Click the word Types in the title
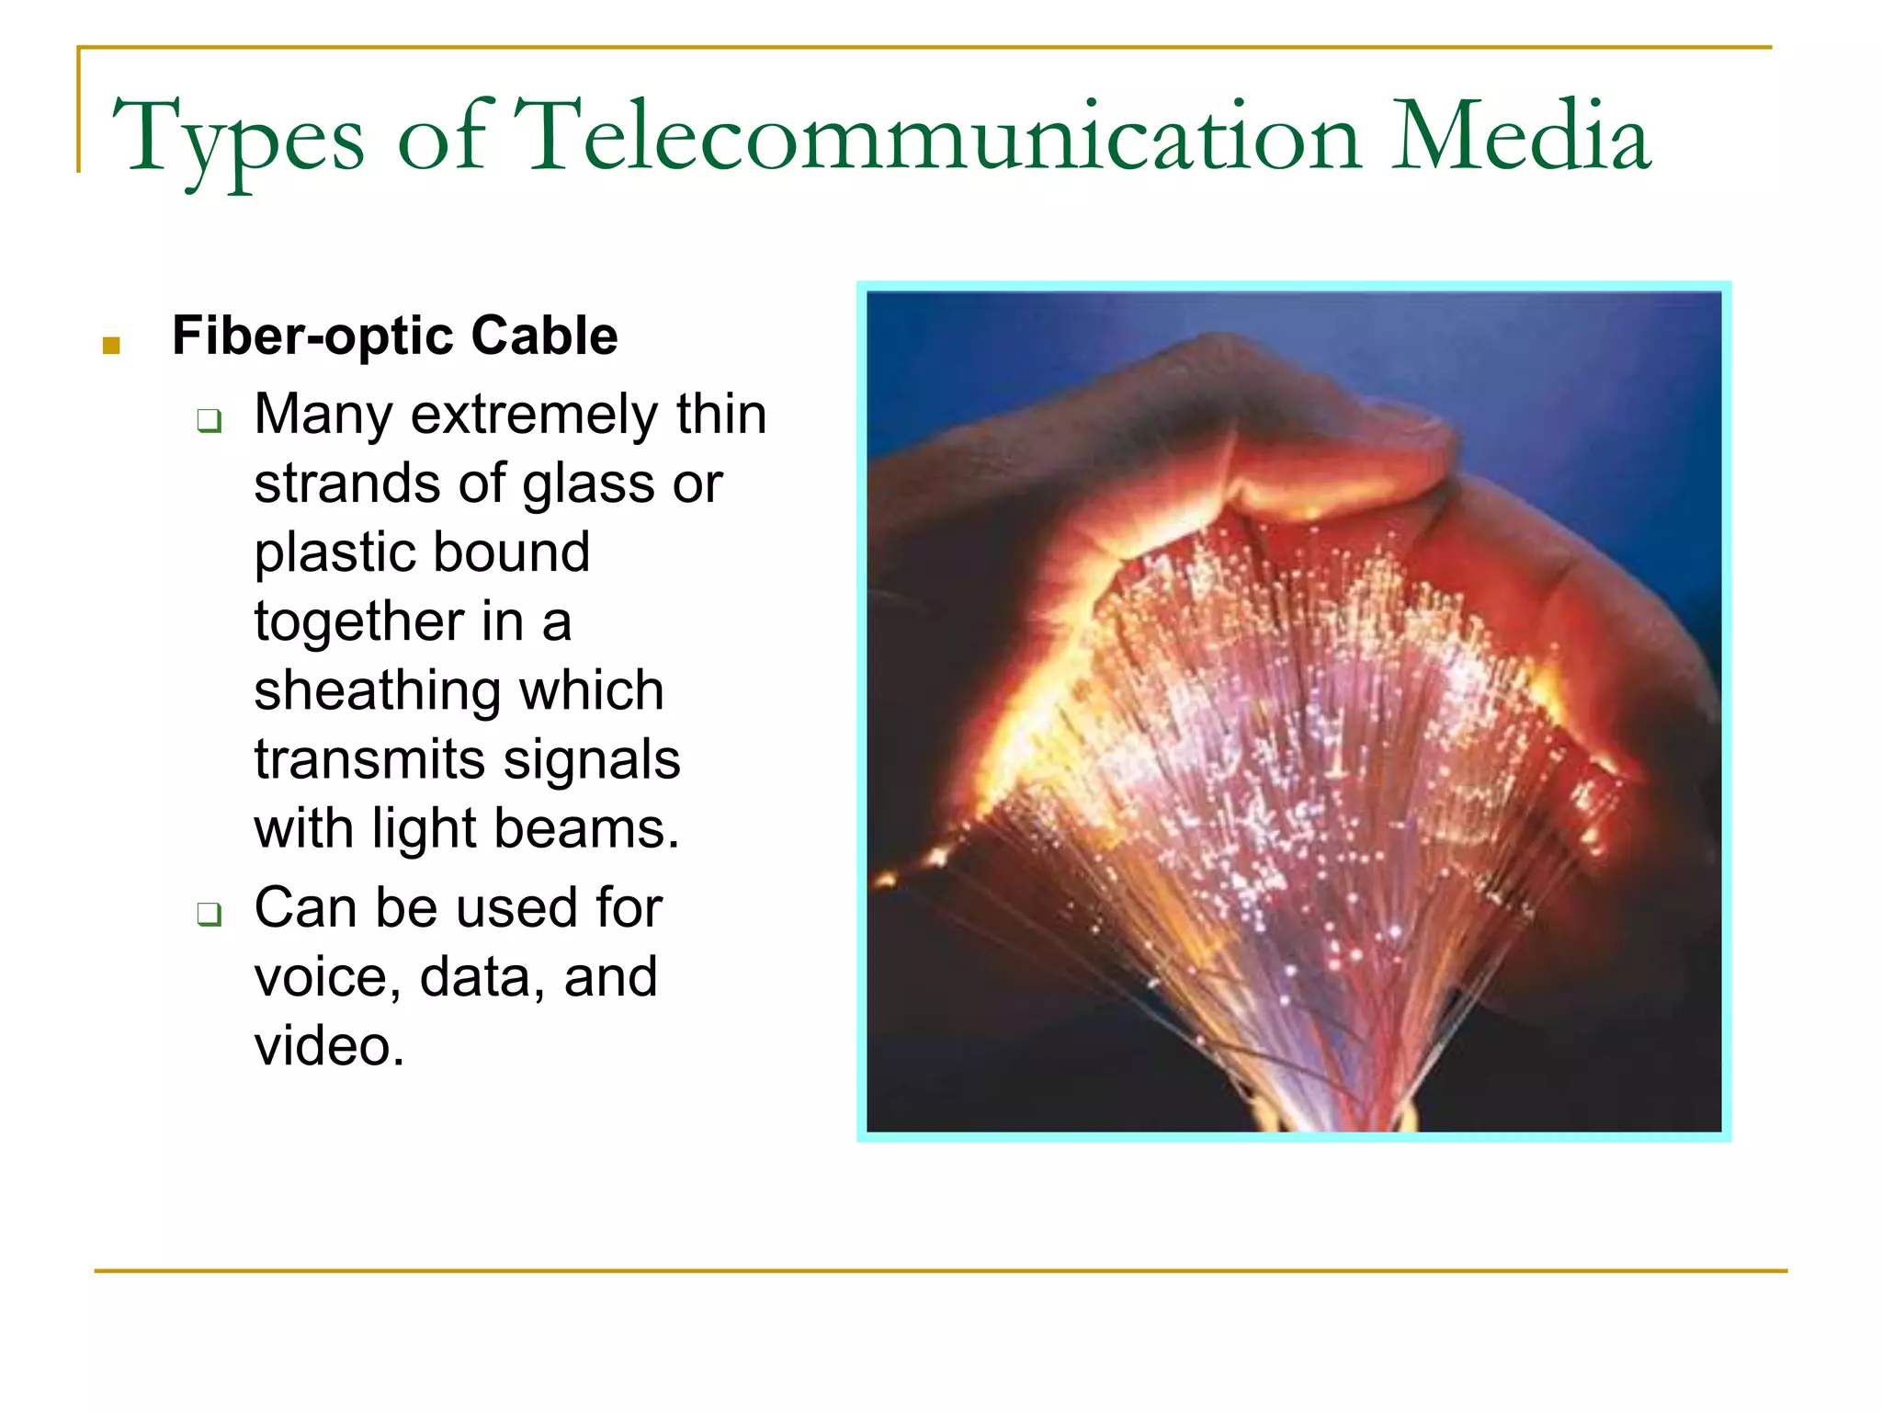tap(238, 138)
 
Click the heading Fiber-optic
tap(310, 335)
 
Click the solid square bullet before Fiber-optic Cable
tap(111, 346)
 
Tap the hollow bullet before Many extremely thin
tap(210, 421)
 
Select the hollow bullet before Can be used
tap(210, 914)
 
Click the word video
tap(329, 1045)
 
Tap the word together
tap(358, 621)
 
